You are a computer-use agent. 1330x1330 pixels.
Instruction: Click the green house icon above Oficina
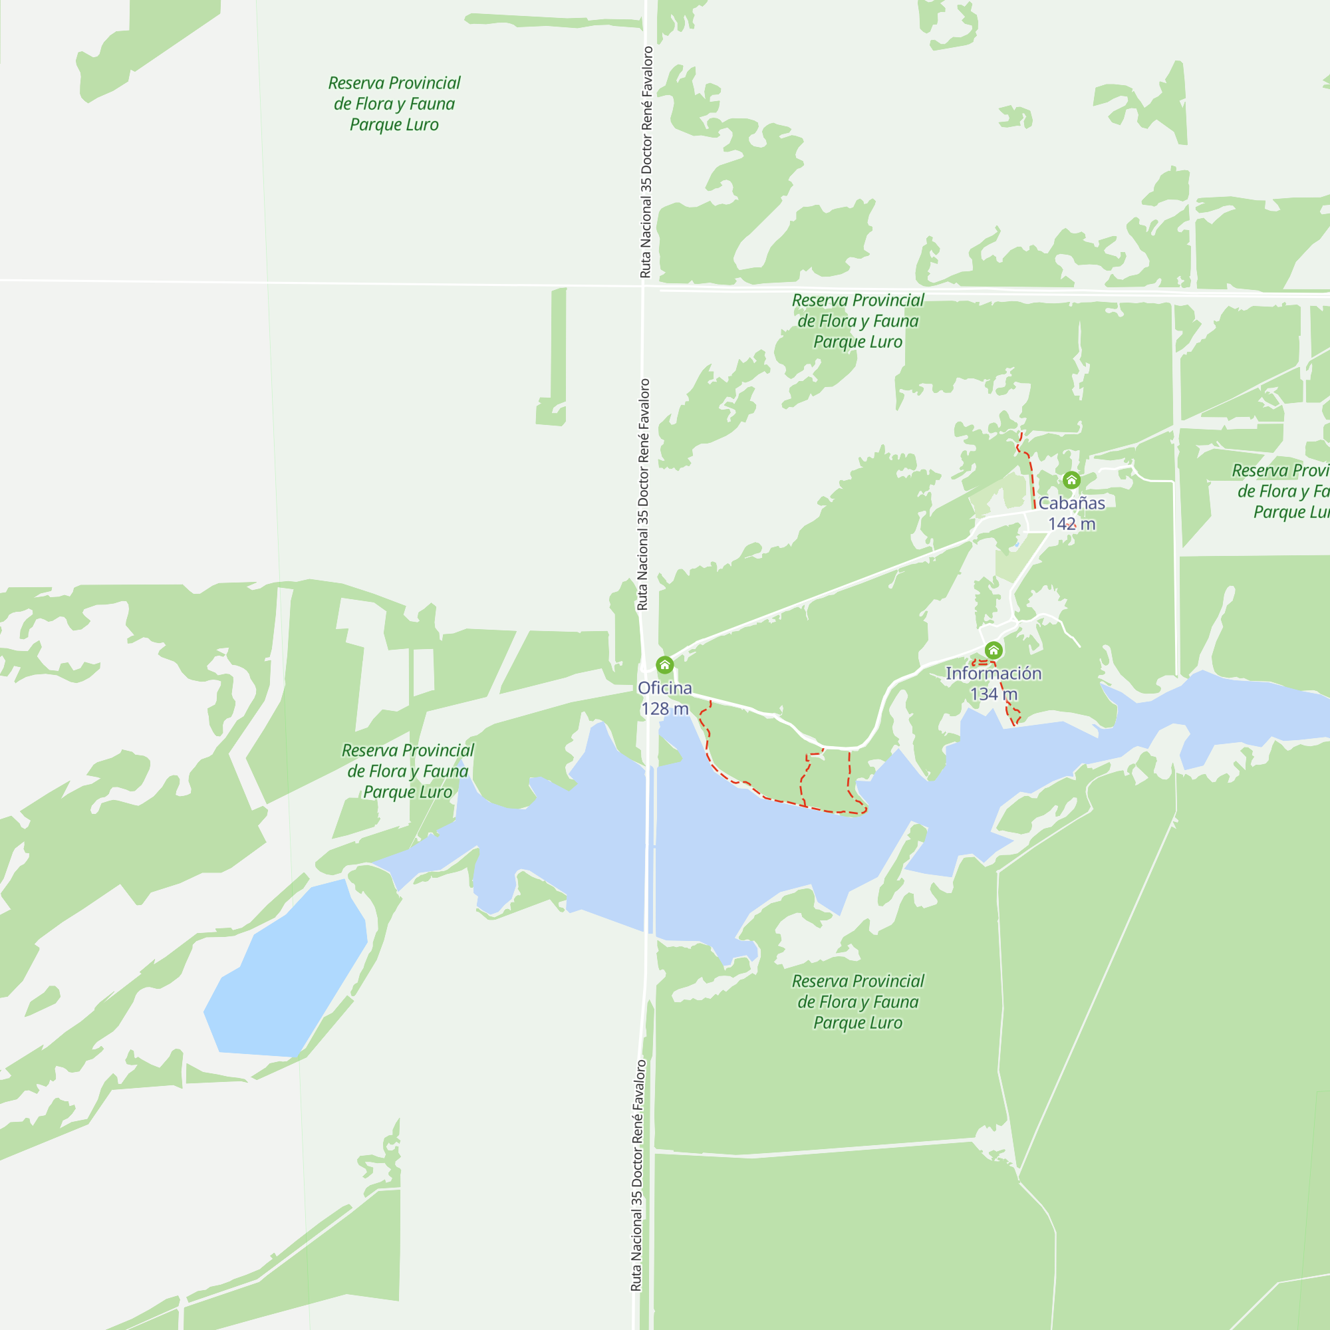664,665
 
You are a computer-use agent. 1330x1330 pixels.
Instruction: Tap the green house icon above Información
993,650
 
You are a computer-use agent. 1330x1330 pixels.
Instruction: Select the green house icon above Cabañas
1071,480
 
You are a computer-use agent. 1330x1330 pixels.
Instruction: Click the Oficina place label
664,688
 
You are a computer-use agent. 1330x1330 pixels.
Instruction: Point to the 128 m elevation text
664,708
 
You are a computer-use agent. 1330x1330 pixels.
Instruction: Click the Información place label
993,673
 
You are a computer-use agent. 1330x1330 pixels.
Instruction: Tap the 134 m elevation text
993,694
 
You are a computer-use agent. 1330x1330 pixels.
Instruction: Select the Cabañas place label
1071,503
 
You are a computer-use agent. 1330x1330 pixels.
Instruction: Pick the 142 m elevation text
1071,524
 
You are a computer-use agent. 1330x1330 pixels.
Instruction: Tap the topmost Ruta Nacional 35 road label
646,162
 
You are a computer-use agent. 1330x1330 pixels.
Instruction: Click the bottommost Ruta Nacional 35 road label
638,1176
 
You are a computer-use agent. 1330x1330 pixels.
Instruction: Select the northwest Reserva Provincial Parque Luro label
394,103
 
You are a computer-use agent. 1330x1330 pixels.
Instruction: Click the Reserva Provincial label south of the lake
858,1001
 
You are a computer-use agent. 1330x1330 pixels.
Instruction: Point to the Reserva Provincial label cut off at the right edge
1280,491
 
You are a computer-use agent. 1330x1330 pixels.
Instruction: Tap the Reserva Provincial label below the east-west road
858,321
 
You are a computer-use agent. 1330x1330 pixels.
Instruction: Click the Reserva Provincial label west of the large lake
408,771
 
